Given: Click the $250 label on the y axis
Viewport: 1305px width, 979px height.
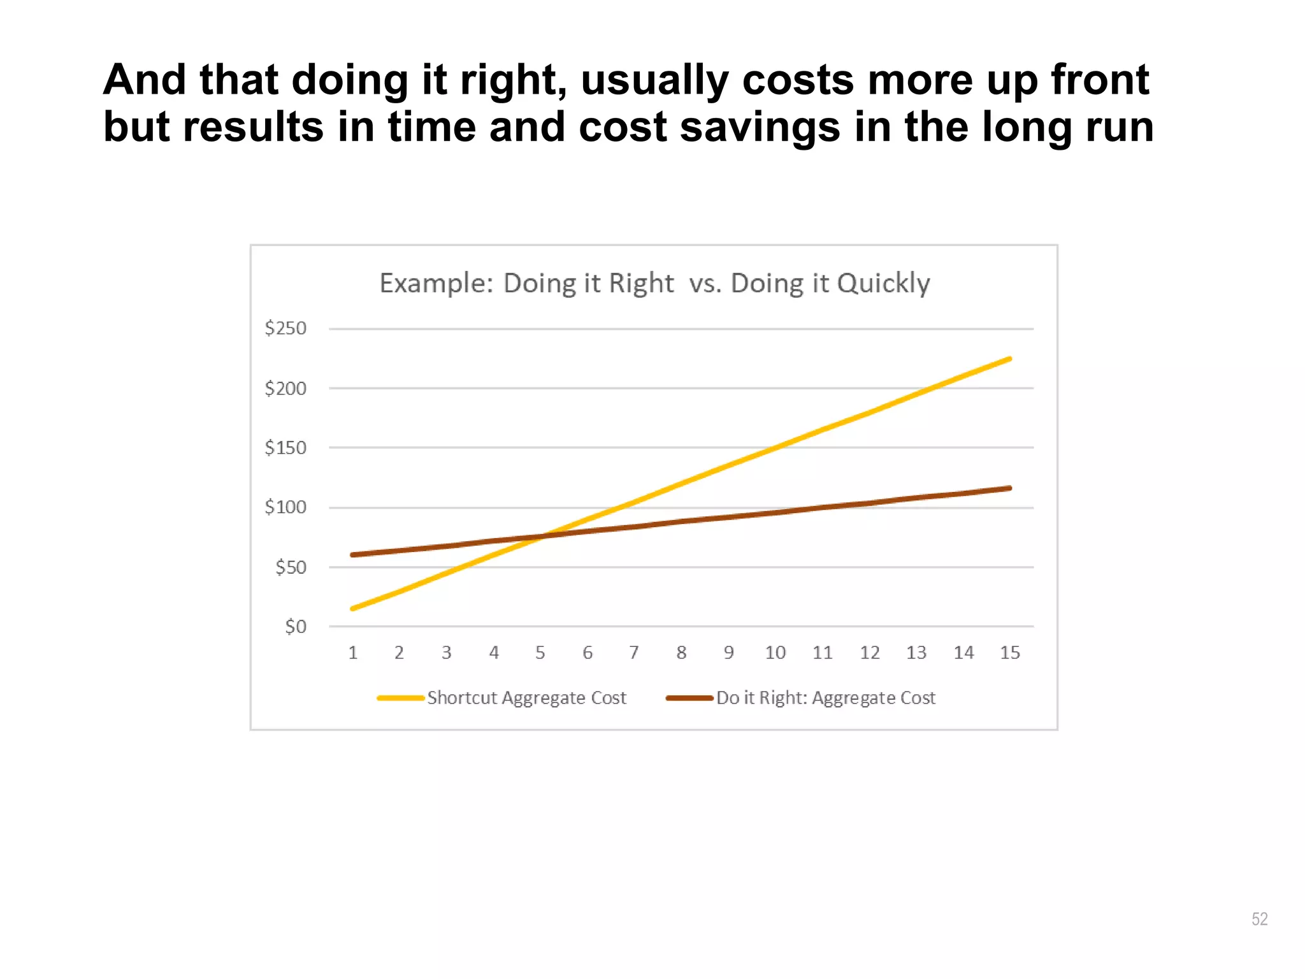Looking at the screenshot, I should tap(285, 328).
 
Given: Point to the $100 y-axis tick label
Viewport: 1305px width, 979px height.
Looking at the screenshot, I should tap(285, 507).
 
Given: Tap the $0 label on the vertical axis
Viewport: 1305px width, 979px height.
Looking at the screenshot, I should tap(295, 627).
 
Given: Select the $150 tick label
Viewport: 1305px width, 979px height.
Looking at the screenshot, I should tap(285, 448).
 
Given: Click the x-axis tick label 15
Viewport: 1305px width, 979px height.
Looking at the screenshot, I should tap(1010, 653).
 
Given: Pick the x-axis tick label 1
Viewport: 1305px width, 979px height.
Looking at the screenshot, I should tap(352, 653).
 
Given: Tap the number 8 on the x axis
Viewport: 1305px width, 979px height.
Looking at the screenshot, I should tap(681, 653).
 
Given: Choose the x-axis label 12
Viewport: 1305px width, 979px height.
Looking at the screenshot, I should tap(869, 653).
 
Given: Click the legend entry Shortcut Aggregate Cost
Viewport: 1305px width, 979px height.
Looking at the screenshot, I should tap(526, 698).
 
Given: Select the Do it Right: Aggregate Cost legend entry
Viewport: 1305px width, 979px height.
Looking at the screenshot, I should tap(826, 698).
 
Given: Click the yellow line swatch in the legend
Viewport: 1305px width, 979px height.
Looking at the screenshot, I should tap(400, 698).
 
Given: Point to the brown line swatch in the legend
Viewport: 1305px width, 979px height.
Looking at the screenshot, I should tap(689, 698).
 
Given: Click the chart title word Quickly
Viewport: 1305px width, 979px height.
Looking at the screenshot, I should tap(883, 284).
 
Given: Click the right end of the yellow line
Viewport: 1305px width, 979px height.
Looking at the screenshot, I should tap(1010, 359).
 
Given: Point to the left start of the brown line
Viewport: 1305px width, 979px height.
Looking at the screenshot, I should tap(353, 555).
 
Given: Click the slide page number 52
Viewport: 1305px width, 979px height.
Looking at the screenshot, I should tap(1259, 918).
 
